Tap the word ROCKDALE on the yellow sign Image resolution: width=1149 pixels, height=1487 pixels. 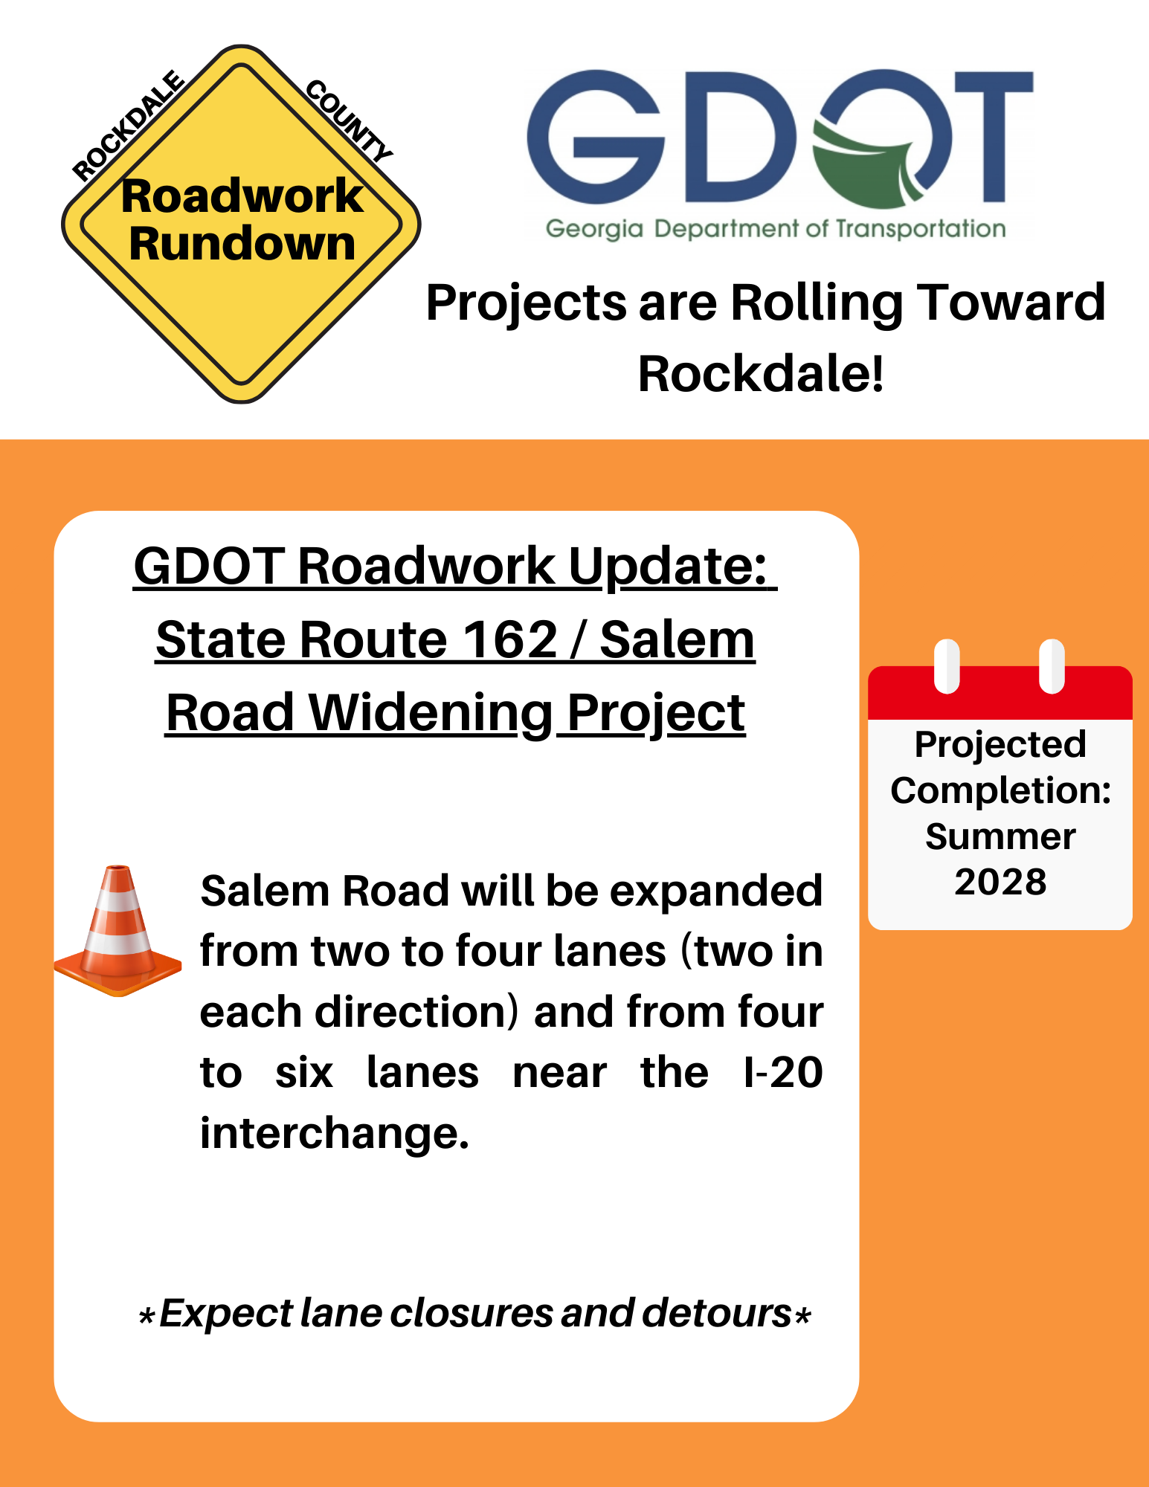[129, 126]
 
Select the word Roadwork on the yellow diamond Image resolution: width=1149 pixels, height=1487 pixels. [242, 196]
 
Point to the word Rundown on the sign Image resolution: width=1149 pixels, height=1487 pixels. [242, 244]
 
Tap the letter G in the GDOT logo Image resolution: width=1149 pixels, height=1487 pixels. [596, 137]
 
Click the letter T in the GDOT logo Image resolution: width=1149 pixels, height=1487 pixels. [994, 137]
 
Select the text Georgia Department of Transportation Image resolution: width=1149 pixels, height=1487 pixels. [776, 229]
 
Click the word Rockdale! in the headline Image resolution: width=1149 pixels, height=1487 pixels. [762, 373]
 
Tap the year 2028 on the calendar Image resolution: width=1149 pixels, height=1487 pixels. [1000, 883]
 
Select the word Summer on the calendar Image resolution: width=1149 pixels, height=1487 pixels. [1000, 837]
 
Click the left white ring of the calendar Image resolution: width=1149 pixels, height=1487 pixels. [947, 666]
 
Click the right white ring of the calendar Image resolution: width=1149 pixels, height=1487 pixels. [1052, 666]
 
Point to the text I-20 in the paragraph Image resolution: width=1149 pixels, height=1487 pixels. [783, 1073]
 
